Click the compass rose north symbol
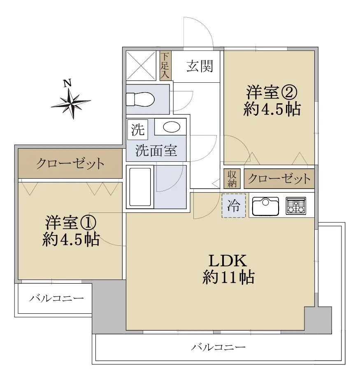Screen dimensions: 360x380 pos(71,103)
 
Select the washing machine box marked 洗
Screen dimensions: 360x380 pos(137,130)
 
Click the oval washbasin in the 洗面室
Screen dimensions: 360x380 pos(172,127)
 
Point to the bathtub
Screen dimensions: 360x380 pos(140,187)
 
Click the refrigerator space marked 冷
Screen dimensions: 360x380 pos(234,205)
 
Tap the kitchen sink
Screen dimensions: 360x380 pos(265,206)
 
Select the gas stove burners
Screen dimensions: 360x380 pos(296,206)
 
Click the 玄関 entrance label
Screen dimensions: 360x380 pos(200,66)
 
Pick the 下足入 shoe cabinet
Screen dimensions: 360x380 pos(165,65)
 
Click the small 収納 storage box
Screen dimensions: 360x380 pos(232,179)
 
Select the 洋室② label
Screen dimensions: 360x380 pos(272,92)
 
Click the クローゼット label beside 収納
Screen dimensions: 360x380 pos(279,179)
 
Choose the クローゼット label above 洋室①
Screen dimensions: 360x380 pos(70,163)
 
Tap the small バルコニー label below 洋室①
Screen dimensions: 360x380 pos(56,298)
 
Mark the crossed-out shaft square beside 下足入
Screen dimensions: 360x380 pos(141,65)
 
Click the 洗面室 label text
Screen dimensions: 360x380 pos(156,151)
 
